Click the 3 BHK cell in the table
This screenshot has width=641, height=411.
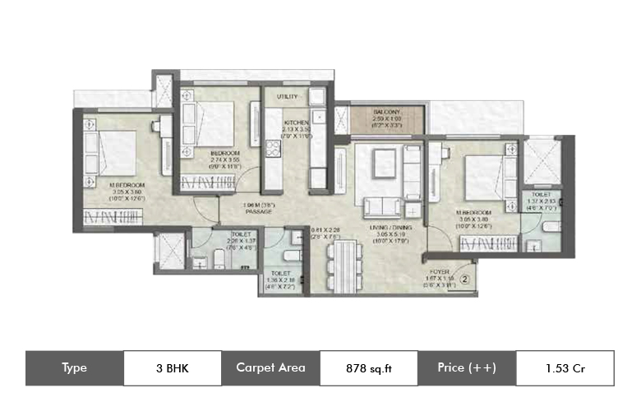[173, 367]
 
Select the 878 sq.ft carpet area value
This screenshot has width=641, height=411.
[368, 367]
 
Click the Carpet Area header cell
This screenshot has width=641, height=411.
[270, 367]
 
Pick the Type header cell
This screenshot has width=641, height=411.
[74, 367]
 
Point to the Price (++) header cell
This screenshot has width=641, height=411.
[466, 367]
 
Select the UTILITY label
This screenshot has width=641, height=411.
[287, 96]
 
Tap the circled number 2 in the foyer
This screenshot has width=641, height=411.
[463, 279]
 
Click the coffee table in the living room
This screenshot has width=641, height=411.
[385, 160]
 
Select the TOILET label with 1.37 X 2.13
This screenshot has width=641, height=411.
[540, 196]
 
